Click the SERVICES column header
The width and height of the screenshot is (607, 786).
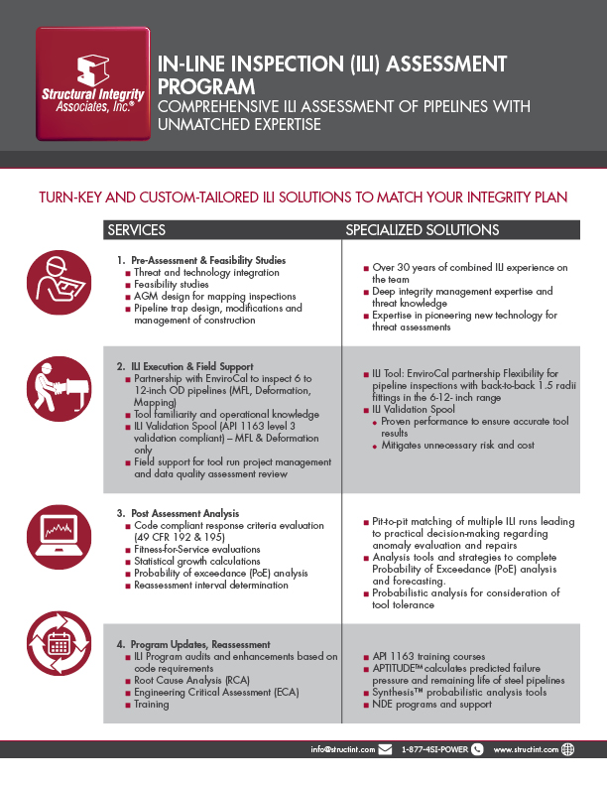coord(136,230)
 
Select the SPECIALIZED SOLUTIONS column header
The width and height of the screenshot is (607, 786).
coord(422,230)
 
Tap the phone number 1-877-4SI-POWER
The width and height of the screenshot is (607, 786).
coord(433,750)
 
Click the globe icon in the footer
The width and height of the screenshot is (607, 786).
coord(567,750)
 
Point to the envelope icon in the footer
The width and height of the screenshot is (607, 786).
coord(384,750)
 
